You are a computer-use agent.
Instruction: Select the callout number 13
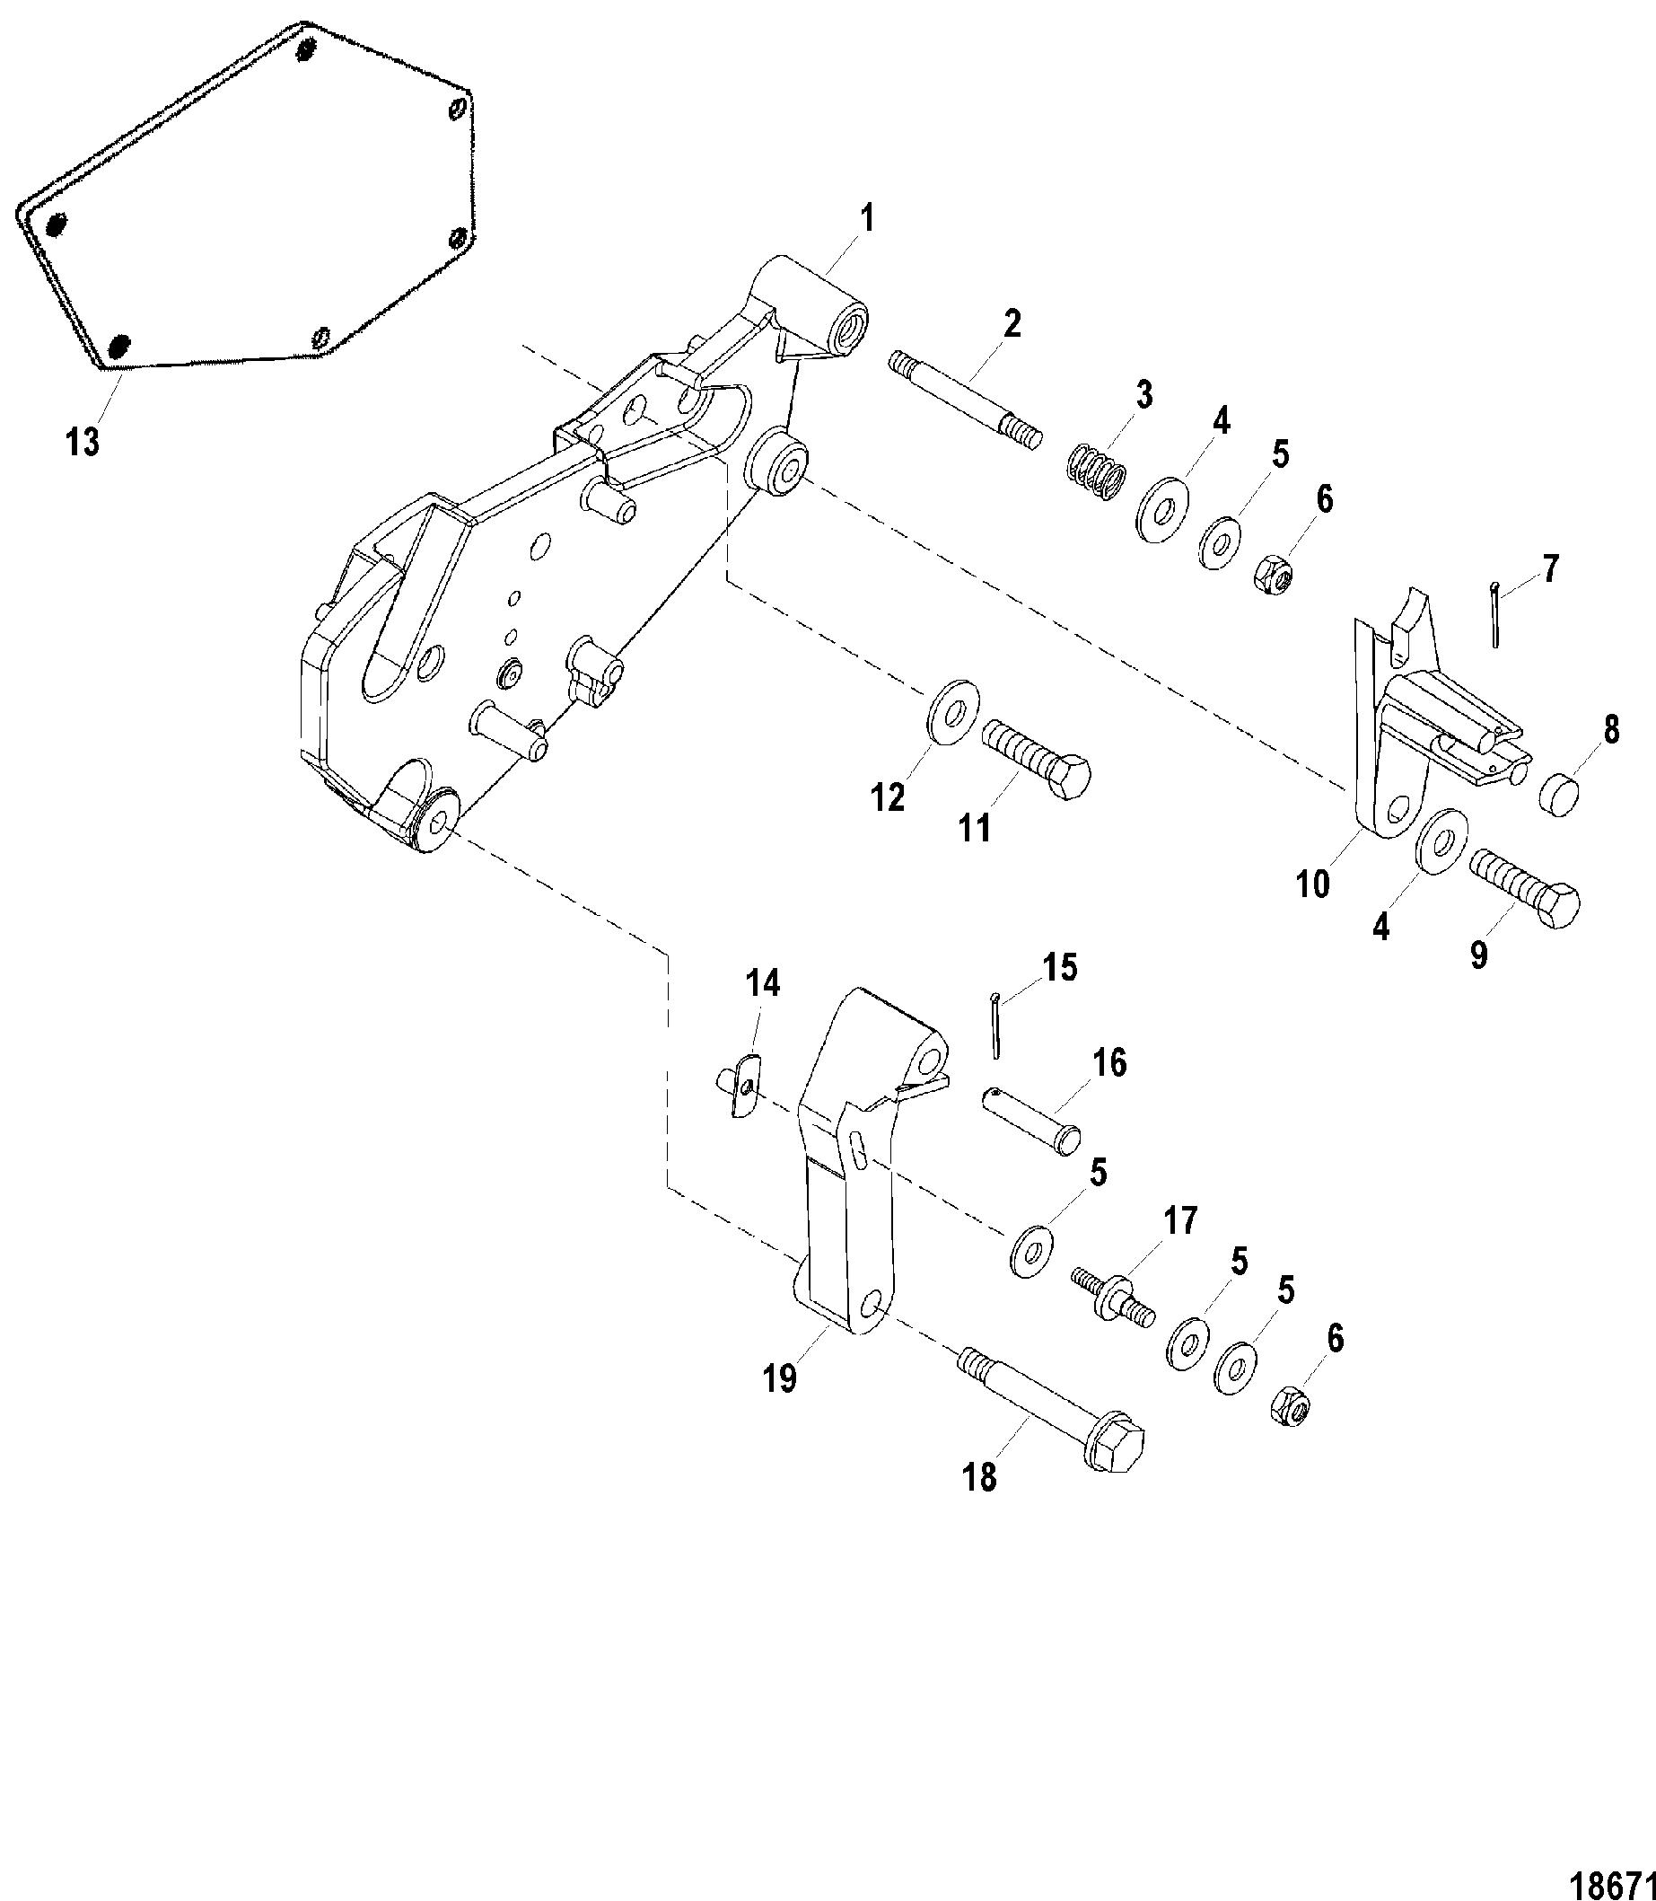pyautogui.click(x=83, y=442)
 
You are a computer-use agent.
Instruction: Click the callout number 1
pyautogui.click(x=865, y=221)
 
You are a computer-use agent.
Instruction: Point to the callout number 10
pyautogui.click(x=1312, y=884)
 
